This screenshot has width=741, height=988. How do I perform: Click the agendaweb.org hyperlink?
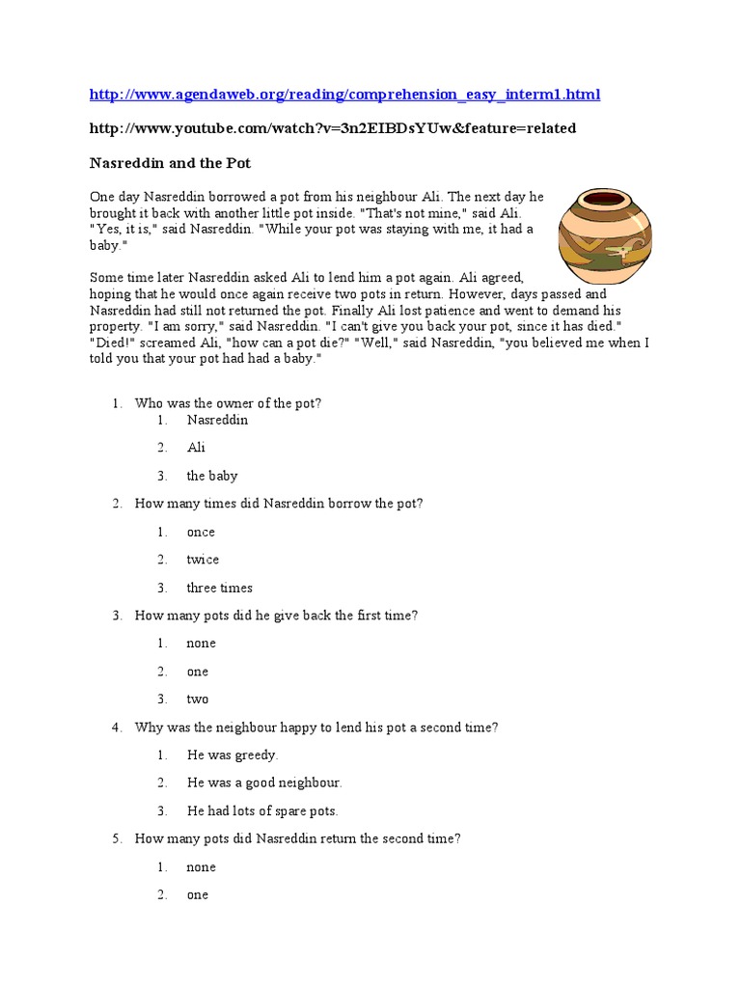tap(344, 95)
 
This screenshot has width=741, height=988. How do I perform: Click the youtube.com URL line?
tap(333, 128)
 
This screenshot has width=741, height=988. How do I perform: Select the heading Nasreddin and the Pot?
tap(170, 163)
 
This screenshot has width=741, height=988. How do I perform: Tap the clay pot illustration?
tap(605, 242)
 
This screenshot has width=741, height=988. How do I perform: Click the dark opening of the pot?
tap(606, 200)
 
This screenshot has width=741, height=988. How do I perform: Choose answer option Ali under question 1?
tap(196, 448)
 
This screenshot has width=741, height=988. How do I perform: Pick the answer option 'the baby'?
tap(212, 476)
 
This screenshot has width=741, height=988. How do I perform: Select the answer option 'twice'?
tap(203, 560)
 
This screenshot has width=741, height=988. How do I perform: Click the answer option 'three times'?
tap(220, 588)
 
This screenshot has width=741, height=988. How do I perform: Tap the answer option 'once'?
tap(201, 532)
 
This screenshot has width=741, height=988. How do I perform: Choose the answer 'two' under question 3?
tap(198, 700)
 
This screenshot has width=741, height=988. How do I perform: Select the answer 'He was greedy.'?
tap(233, 755)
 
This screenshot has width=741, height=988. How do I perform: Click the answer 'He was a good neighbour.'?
tap(264, 782)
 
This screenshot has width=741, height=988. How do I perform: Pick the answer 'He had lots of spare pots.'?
tap(262, 811)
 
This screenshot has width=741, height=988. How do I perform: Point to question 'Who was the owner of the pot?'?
tap(228, 403)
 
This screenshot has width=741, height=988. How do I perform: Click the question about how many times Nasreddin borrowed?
tap(279, 504)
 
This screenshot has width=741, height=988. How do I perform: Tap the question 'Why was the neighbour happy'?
tap(316, 727)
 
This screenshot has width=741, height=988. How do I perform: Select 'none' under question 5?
tap(202, 867)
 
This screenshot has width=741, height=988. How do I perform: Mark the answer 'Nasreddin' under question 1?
tap(217, 420)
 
